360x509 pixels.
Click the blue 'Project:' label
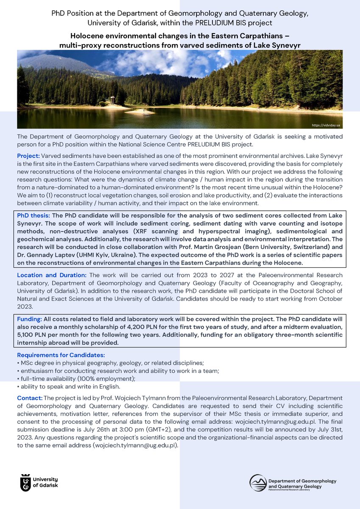[x=28, y=156]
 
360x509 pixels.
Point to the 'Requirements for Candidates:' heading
[x=61, y=355]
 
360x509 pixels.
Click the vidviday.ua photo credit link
[x=326, y=126]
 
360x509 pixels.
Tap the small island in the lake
[x=140, y=111]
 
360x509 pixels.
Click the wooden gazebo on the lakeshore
[x=112, y=100]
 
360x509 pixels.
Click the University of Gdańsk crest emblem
[x=26, y=482]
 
